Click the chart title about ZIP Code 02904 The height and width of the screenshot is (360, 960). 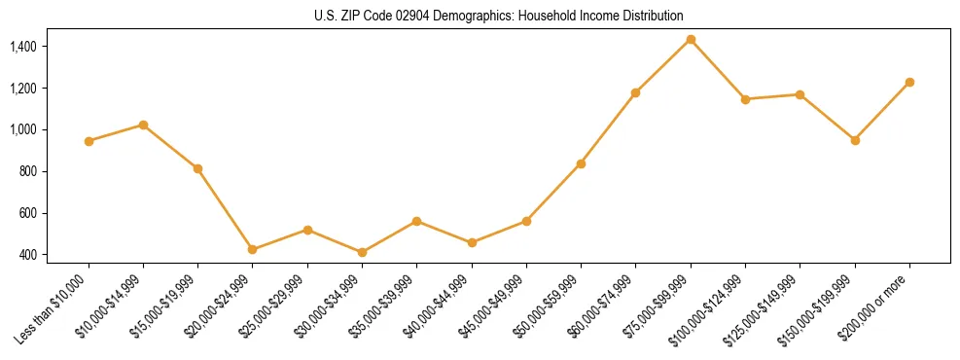[x=499, y=17]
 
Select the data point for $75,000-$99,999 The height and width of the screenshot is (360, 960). [x=691, y=40]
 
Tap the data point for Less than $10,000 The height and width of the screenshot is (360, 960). [x=89, y=141]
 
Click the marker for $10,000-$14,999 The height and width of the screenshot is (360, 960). [x=143, y=125]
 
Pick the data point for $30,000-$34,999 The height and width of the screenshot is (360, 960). [x=362, y=252]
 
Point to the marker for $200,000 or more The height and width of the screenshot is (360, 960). [x=909, y=82]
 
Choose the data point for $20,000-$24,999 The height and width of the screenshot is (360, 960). [x=253, y=249]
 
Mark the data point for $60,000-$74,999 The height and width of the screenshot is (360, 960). [x=635, y=92]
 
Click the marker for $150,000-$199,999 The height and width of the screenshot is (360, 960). [x=855, y=140]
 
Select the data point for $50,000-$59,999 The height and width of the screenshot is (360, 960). [x=581, y=163]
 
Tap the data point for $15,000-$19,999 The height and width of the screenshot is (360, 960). [x=197, y=168]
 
